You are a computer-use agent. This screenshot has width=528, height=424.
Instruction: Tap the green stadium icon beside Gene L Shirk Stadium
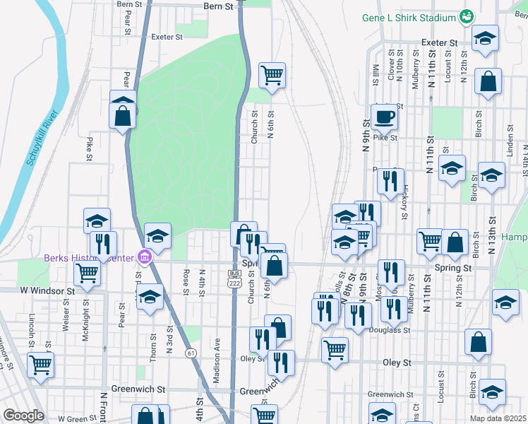466,16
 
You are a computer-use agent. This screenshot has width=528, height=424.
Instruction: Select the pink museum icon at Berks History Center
145,257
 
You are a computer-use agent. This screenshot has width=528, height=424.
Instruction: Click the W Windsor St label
47,290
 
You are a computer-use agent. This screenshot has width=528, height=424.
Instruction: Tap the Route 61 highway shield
191,353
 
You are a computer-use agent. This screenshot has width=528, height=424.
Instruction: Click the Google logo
23,416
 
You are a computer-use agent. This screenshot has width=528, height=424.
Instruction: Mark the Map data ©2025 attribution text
499,418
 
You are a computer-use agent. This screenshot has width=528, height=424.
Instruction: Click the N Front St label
103,406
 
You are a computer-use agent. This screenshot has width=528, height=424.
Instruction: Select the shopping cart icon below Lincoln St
40,365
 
